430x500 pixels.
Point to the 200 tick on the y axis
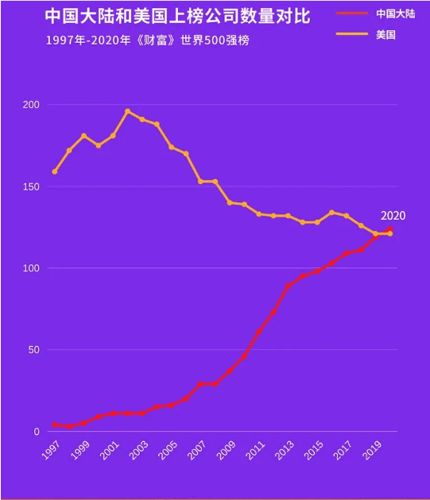pos(31,105)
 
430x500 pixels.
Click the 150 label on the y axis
pos(31,187)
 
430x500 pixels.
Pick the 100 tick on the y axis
pos(31,268)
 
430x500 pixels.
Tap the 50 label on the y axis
pos(33,350)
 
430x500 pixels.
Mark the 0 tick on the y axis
pos(36,432)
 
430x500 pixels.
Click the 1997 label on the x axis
pos(51,452)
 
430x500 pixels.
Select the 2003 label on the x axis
pos(138,452)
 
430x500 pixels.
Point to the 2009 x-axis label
pos(226,452)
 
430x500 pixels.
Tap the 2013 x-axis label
pos(284,452)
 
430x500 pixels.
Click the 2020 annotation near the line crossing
pos(393,215)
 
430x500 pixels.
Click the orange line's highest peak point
pos(127,111)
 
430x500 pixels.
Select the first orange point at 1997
pos(55,171)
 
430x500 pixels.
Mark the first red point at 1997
pos(55,425)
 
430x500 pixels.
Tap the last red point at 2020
pos(389,229)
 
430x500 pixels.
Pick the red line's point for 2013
pos(288,286)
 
